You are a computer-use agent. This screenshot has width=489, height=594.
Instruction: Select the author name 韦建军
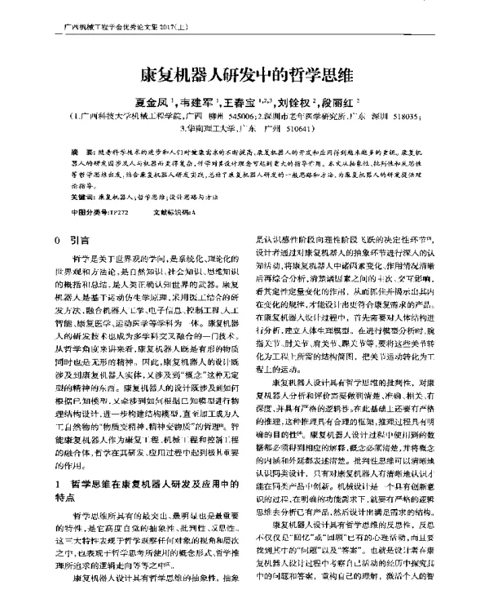coord(193,103)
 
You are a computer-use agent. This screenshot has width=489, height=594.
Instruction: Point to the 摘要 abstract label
coord(78,153)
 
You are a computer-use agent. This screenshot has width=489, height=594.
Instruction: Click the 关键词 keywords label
coord(82,197)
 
